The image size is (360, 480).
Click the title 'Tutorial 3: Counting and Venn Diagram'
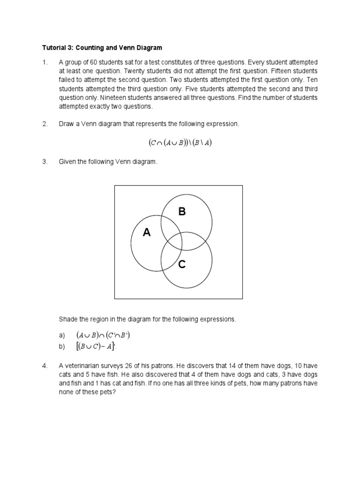tap(102, 47)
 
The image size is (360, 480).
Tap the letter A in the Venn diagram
tap(147, 232)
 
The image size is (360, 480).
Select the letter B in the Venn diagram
tap(182, 212)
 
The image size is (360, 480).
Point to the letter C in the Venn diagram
tap(182, 265)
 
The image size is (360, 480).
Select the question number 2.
tap(45, 124)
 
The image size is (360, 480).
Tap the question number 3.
tap(45, 162)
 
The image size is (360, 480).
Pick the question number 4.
tap(45, 366)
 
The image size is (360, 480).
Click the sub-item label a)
tap(62, 336)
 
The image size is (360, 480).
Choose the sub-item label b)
tap(62, 347)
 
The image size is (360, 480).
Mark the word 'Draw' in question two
tap(67, 124)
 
